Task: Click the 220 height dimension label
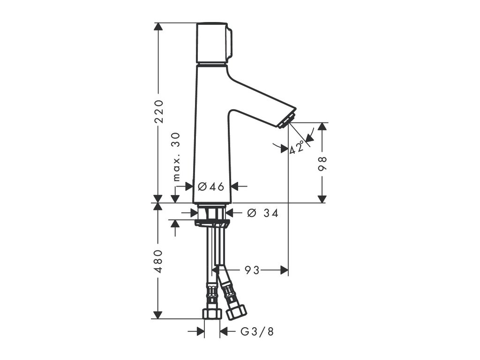point(159,111)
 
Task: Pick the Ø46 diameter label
point(211,187)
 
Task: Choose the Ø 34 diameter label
point(262,213)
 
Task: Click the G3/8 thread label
point(256,332)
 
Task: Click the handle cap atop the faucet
point(213,43)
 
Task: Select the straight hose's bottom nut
point(212,314)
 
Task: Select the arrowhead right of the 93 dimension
point(284,270)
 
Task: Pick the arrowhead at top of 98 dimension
point(322,127)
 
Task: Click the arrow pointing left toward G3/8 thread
point(224,332)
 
